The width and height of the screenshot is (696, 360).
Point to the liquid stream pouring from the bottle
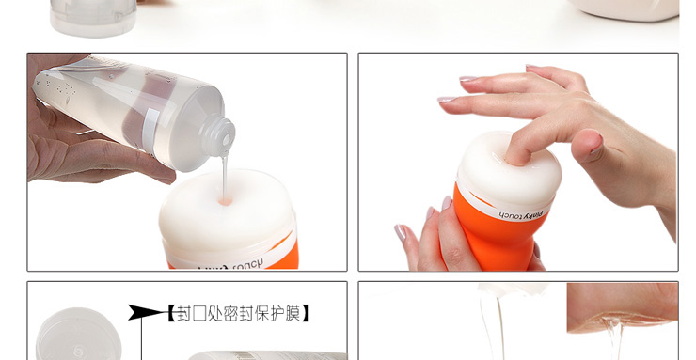225,174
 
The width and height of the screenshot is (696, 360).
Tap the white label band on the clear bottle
150,123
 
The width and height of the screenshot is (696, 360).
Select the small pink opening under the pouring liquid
224,199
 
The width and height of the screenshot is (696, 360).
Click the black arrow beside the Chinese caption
146,312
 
